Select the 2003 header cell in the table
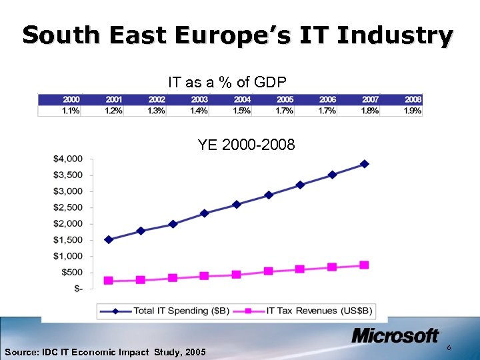199,99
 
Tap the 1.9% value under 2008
412,111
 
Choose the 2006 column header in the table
327,99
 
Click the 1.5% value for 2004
242,111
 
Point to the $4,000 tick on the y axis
69,159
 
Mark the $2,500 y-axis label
69,207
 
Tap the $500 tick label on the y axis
72,272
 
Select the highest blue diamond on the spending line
364,164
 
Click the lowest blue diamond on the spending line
109,239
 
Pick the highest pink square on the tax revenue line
364,265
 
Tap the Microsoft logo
395,336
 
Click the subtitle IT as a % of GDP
227,83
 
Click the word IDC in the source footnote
53,352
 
